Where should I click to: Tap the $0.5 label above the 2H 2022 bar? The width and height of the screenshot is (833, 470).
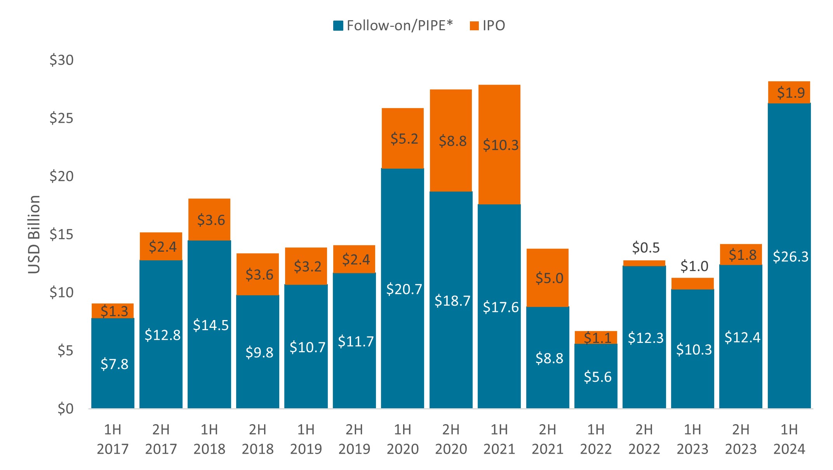click(646, 247)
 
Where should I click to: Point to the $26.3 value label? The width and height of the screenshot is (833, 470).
click(790, 257)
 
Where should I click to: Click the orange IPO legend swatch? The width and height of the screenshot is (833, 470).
click(474, 26)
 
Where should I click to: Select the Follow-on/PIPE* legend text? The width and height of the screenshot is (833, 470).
click(400, 26)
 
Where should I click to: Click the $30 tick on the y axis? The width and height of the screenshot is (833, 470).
click(61, 60)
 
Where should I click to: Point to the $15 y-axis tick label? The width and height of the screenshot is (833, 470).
click(61, 234)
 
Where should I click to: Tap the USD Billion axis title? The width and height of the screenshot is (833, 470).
click(34, 234)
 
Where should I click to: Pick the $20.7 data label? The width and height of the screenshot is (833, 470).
click(404, 289)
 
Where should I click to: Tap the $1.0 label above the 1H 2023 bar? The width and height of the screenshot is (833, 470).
click(694, 266)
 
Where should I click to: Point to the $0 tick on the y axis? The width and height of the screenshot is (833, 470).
click(65, 409)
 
